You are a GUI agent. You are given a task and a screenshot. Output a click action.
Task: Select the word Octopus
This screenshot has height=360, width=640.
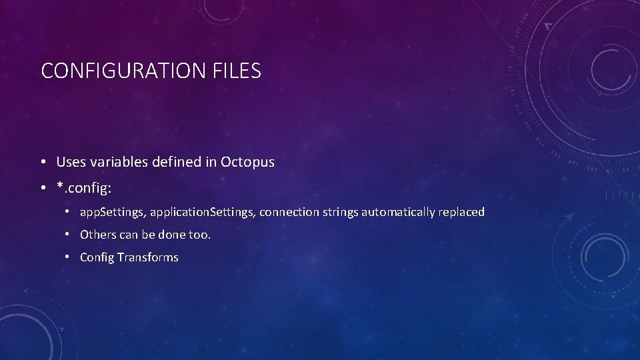tap(247, 162)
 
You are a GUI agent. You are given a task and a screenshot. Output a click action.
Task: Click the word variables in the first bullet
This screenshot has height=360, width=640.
tap(113, 162)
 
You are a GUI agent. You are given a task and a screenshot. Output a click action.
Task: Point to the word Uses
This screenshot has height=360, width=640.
tap(70, 162)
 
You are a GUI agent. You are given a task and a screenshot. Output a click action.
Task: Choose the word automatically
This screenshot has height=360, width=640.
tap(401, 213)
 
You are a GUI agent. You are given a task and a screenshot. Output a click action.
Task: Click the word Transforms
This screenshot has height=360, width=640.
tap(148, 257)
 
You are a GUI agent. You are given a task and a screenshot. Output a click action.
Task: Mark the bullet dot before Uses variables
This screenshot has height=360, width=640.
tap(42, 163)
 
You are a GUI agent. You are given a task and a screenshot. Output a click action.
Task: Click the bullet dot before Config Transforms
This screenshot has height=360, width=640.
tap(69, 257)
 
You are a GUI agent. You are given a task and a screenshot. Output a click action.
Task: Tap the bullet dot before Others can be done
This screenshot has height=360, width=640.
tap(69, 235)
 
